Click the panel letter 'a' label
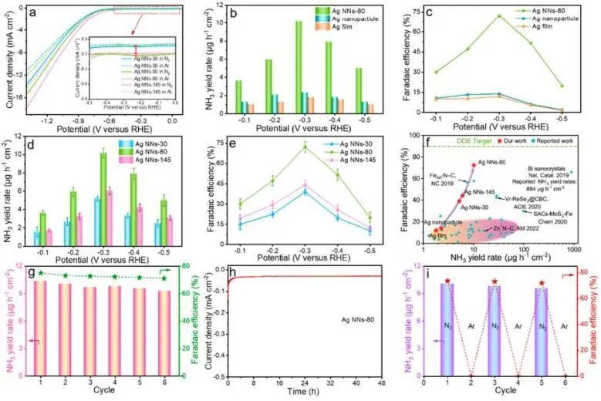pos(34,13)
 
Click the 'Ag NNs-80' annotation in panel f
pos(494,163)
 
